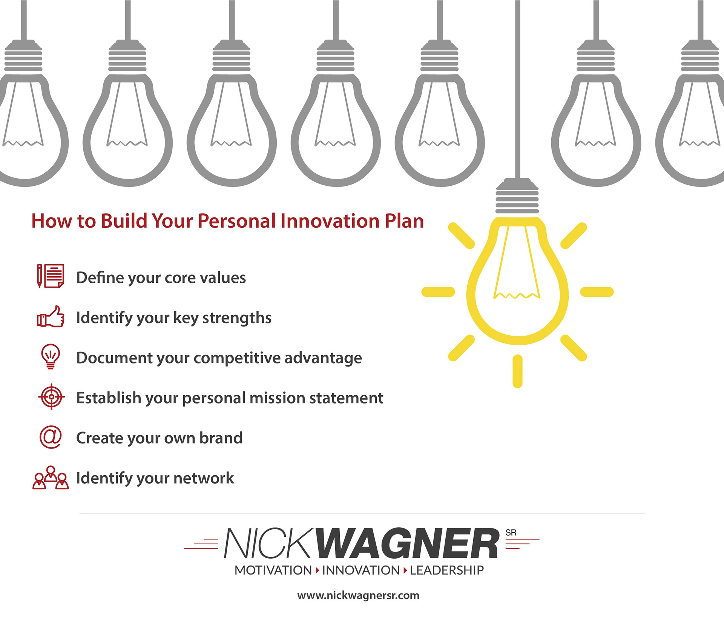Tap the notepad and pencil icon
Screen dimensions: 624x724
(51, 276)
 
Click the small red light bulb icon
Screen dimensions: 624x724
(51, 356)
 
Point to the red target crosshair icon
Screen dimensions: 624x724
(51, 397)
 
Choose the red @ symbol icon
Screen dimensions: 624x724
(51, 437)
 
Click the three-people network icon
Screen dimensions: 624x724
(51, 478)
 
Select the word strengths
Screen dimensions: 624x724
(237, 318)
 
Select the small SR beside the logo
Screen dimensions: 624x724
(511, 533)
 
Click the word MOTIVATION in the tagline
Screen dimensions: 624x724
(273, 570)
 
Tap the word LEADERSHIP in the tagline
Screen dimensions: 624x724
(446, 570)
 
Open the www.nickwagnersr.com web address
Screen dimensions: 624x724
(358, 595)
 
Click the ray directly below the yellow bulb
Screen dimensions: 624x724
(517, 371)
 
